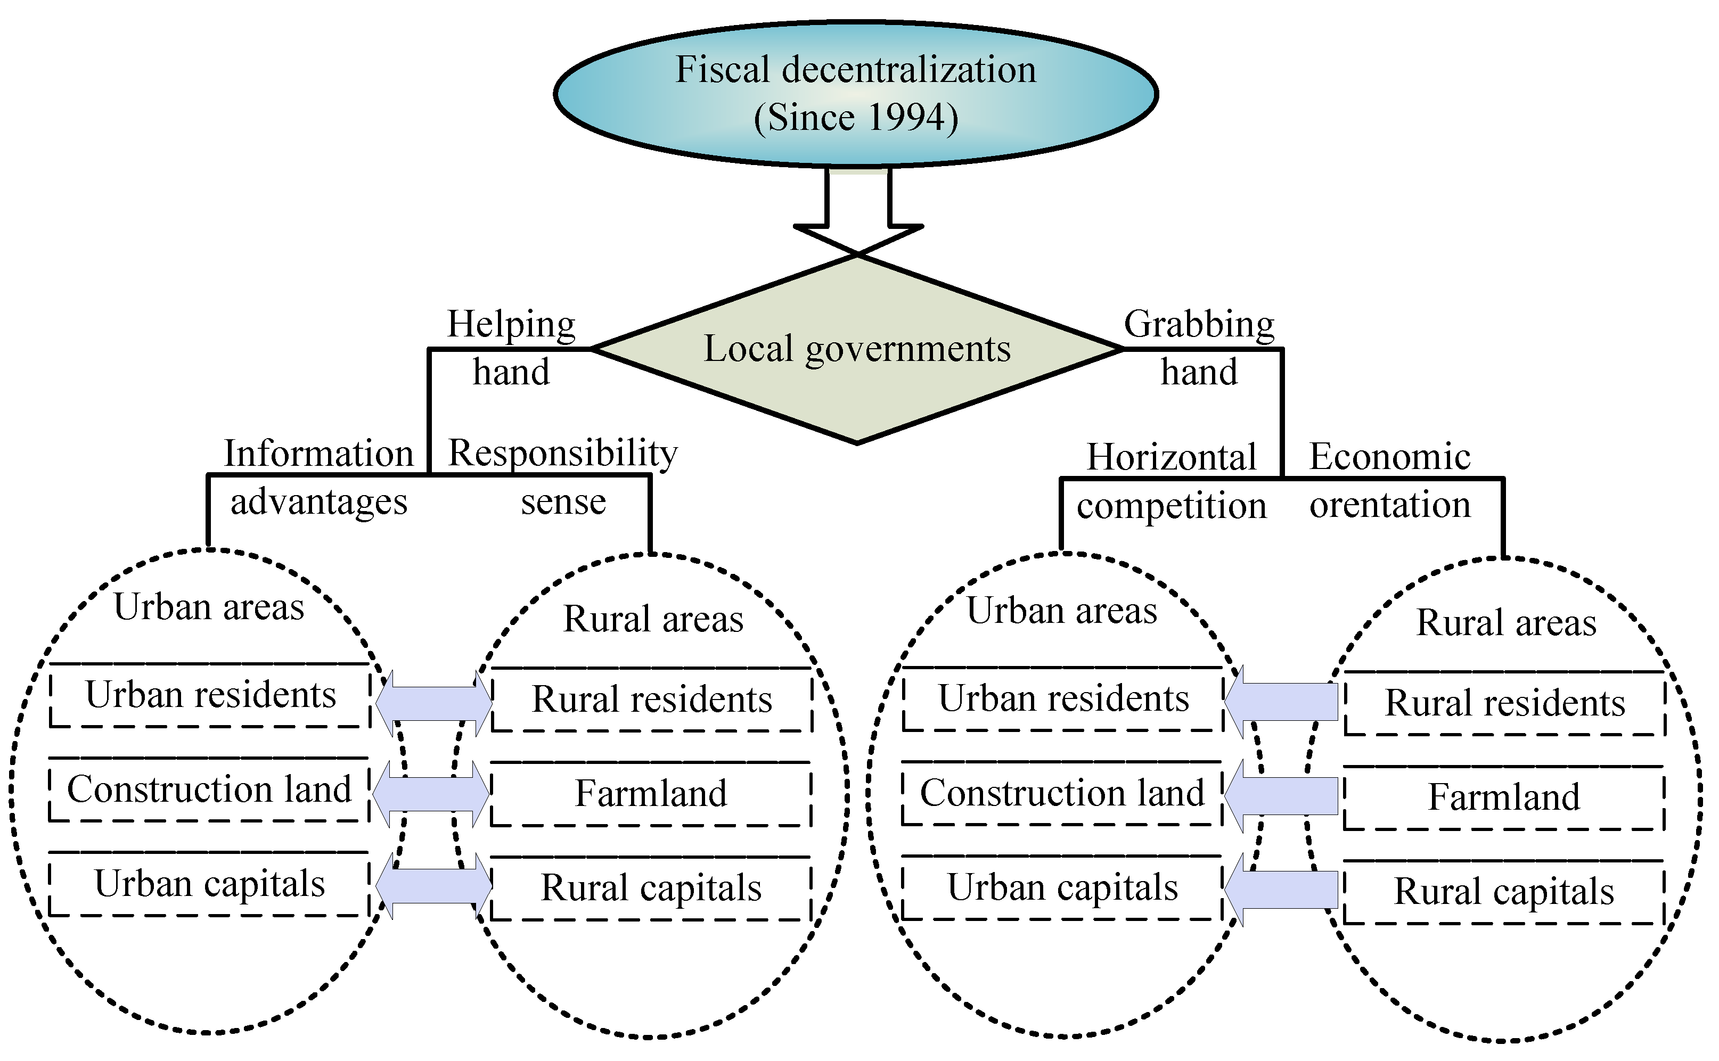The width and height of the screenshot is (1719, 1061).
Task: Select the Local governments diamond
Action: pyautogui.click(x=857, y=393)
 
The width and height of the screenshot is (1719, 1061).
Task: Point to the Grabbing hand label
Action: pyautogui.click(x=1199, y=347)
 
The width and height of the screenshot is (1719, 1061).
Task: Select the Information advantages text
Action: pyautogui.click(x=318, y=477)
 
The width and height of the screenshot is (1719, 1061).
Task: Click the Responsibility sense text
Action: pyautogui.click(x=563, y=477)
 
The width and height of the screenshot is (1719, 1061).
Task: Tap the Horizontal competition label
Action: pyautogui.click(x=1171, y=481)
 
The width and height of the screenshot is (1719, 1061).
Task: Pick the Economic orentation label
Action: pyautogui.click(x=1390, y=481)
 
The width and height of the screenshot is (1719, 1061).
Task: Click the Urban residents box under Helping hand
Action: pyautogui.click(x=210, y=695)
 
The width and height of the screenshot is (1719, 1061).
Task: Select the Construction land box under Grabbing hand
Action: pyautogui.click(x=1062, y=793)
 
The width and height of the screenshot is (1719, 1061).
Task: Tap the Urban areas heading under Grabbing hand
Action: pyautogui.click(x=1061, y=611)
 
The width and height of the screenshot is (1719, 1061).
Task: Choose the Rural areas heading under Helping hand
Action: pyautogui.click(x=653, y=619)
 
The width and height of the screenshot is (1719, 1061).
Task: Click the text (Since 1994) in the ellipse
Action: pyautogui.click(x=856, y=117)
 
